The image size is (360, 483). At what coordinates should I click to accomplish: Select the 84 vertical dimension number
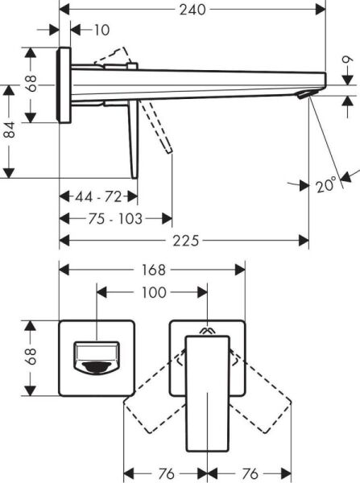click(x=9, y=130)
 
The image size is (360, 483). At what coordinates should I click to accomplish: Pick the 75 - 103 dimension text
click(x=115, y=218)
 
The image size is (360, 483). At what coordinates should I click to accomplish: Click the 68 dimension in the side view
click(x=31, y=85)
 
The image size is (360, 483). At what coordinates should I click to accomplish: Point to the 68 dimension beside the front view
click(x=31, y=357)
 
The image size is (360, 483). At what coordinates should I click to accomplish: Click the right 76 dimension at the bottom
click(x=250, y=473)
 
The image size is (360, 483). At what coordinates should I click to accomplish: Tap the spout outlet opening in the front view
click(x=96, y=358)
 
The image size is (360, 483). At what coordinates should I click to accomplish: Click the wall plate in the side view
click(x=64, y=85)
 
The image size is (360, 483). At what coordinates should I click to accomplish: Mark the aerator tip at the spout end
click(x=304, y=96)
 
